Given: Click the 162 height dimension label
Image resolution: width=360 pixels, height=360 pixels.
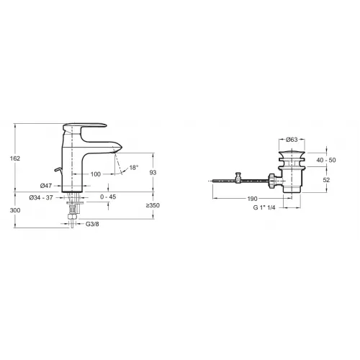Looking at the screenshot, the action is tap(15, 158).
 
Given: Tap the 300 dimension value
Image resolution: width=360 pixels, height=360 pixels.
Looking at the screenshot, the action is tap(15, 210).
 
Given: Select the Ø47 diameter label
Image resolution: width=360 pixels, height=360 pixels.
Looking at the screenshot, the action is tap(46, 186).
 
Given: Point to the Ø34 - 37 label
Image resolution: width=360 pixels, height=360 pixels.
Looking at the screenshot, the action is tap(41, 197).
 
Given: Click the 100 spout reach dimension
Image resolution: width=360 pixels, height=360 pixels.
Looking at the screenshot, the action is tap(96, 174).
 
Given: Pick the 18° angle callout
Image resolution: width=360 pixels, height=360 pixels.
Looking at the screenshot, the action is tap(134, 168).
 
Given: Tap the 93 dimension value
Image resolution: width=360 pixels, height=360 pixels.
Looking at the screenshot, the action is tap(153, 172).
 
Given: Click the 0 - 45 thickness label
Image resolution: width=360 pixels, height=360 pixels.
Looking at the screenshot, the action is tap(108, 197).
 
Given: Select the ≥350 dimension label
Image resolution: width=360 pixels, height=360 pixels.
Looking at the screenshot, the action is tap(153, 205).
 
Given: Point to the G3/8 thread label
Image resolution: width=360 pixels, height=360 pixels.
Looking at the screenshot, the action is tap(92, 224).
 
